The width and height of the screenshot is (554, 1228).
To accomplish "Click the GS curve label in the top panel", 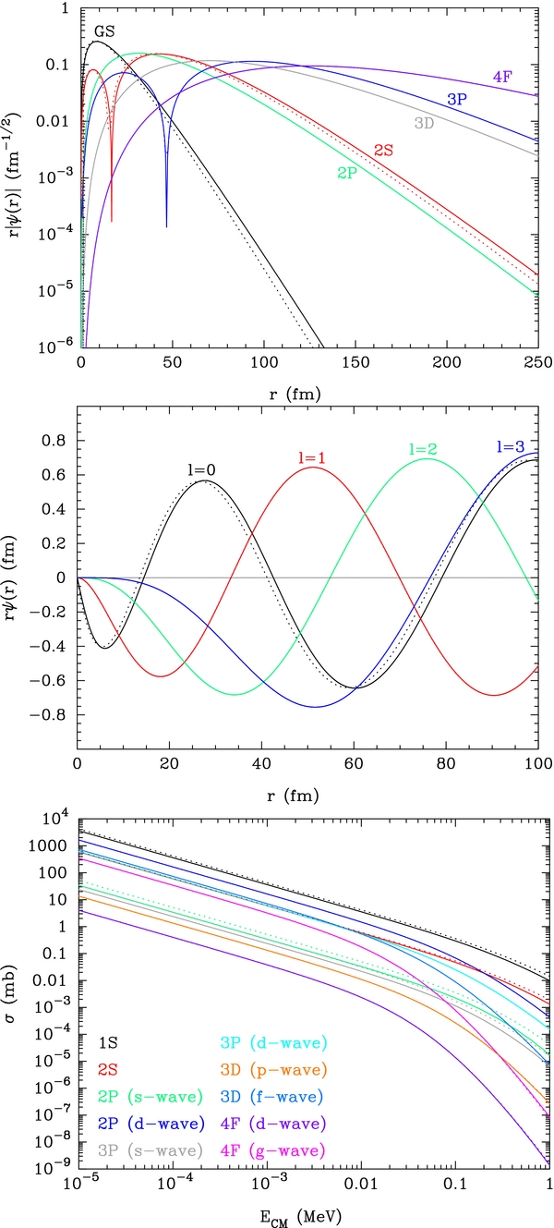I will point(104,30).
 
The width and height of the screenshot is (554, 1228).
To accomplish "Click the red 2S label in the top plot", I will point(386,149).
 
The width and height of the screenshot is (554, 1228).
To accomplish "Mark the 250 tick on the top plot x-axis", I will point(538,367).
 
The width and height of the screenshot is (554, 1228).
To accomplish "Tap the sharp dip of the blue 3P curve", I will point(166,225).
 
